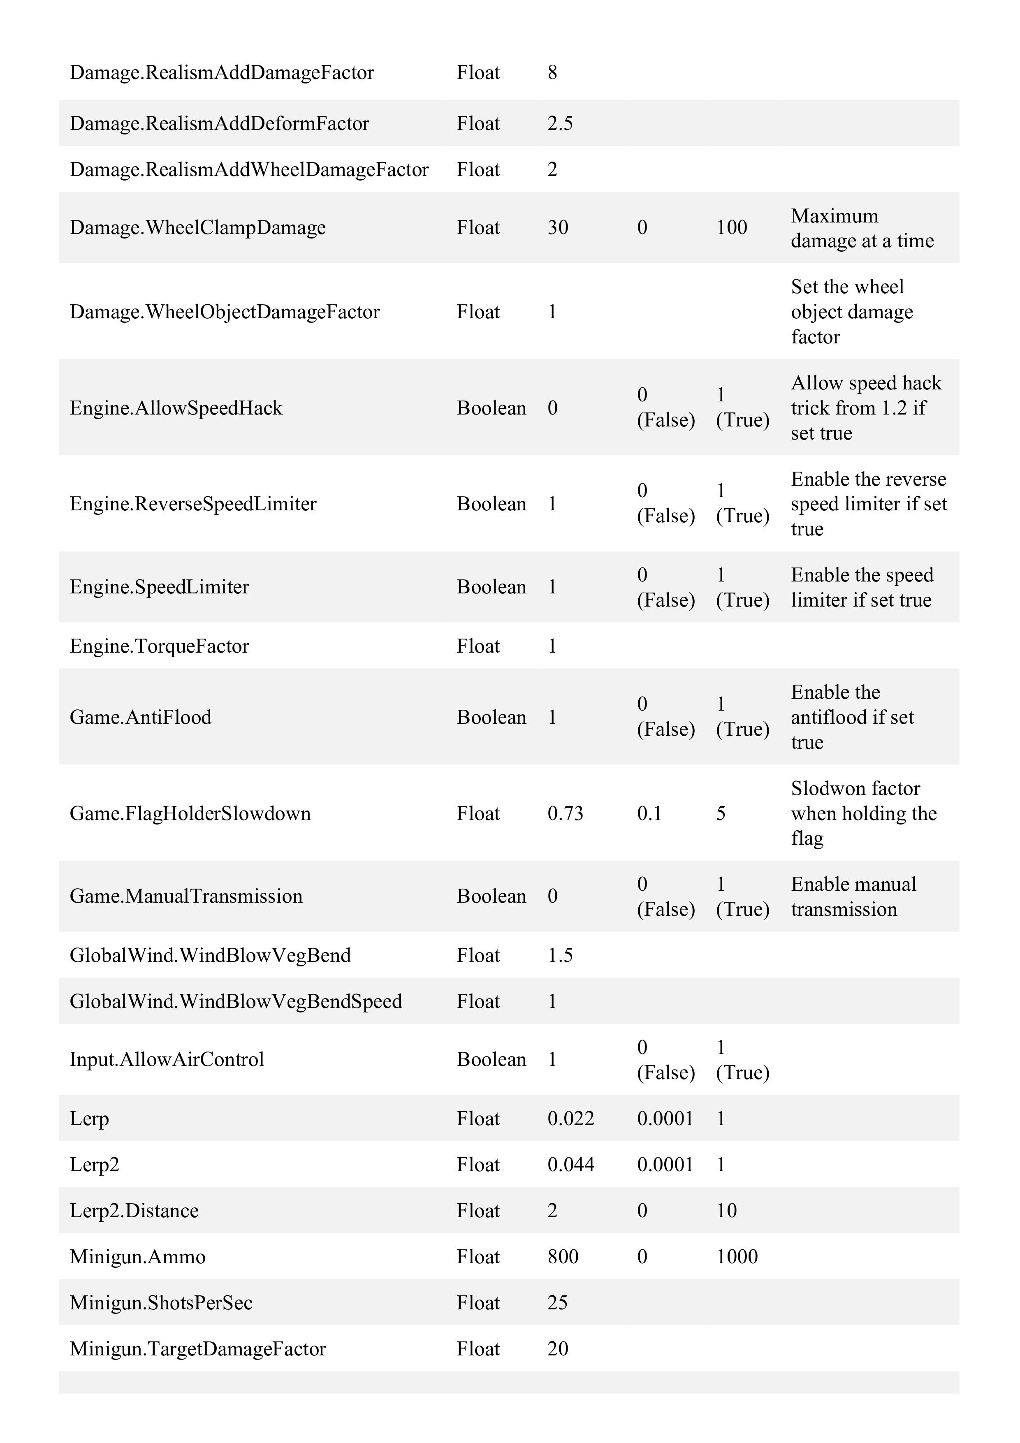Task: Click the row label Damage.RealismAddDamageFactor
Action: [x=221, y=73]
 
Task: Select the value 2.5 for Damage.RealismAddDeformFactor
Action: [x=559, y=123]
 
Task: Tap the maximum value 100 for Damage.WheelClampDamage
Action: [x=732, y=227]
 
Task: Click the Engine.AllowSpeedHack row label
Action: [x=176, y=408]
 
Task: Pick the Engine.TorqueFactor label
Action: [x=159, y=646]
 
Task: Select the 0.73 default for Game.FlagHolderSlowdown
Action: [x=565, y=813]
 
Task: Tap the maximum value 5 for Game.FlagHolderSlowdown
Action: [x=721, y=813]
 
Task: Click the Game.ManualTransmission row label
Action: [x=186, y=896]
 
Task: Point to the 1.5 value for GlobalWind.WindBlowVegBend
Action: [x=559, y=955]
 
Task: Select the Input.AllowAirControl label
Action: [x=167, y=1060]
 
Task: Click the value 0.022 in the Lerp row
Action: [x=570, y=1119]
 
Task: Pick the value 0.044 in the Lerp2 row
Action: [x=570, y=1165]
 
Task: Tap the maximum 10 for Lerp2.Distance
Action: [x=726, y=1211]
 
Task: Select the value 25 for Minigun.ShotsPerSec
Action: [x=557, y=1302]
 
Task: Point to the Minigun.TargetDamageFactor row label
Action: [x=197, y=1349]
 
